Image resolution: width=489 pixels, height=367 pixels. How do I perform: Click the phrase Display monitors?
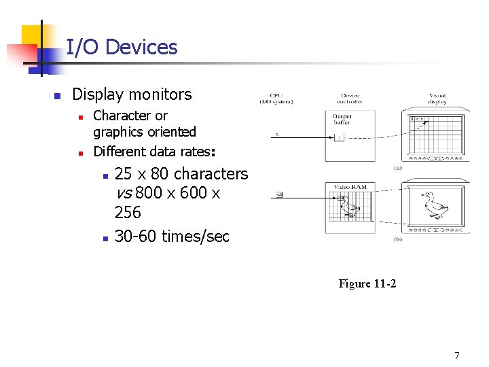coord(132,94)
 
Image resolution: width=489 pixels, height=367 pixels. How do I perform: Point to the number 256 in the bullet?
coord(128,213)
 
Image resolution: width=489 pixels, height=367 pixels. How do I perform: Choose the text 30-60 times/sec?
coord(172,237)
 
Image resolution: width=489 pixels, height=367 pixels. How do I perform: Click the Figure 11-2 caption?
coord(367,283)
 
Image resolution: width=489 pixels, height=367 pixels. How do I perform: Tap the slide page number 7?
coord(457,355)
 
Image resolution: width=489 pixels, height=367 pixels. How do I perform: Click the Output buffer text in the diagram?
coord(342,120)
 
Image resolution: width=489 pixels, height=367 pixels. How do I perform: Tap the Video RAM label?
coord(350,186)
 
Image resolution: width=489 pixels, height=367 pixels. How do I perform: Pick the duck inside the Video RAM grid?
coord(350,207)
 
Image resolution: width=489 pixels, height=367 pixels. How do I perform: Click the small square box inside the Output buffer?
coord(339,138)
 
